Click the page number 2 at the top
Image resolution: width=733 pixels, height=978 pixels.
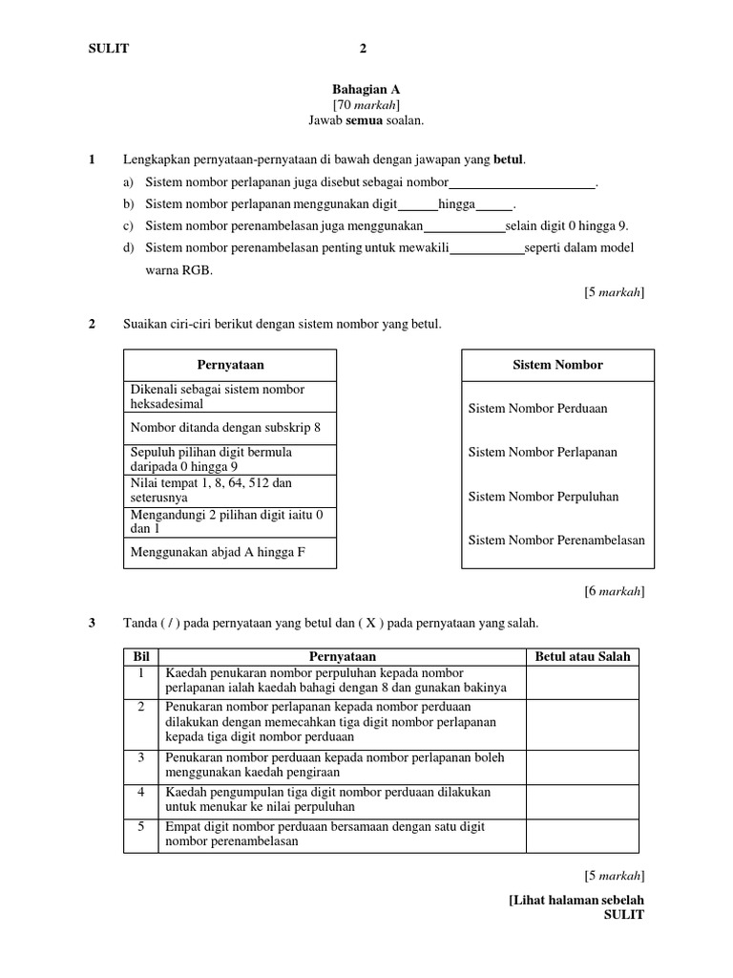[363, 49]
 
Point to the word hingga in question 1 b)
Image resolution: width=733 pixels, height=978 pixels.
[456, 204]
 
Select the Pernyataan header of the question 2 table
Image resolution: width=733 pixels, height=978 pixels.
[230, 365]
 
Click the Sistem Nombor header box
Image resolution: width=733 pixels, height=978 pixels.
[558, 365]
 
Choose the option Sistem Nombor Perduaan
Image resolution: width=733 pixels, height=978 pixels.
[537, 409]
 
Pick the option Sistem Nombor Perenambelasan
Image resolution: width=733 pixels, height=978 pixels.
[556, 541]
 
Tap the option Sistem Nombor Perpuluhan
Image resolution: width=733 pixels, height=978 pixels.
[543, 497]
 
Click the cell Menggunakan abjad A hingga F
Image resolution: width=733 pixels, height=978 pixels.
[218, 552]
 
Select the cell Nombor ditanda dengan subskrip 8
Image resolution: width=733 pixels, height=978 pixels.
[225, 428]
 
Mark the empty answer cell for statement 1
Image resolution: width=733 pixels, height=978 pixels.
[582, 682]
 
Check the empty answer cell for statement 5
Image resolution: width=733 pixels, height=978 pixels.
[582, 836]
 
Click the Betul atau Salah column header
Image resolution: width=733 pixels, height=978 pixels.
[582, 657]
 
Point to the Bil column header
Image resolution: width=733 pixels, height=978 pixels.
[141, 657]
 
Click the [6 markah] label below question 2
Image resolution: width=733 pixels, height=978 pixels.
[614, 592]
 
